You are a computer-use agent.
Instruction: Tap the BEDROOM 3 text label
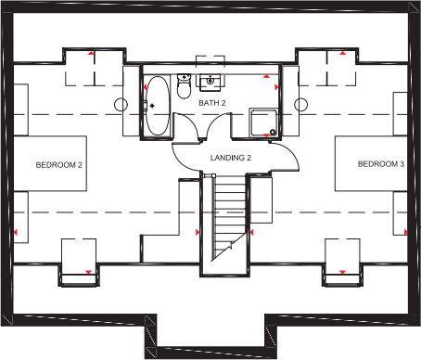click(x=381, y=164)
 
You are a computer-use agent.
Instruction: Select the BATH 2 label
click(x=211, y=101)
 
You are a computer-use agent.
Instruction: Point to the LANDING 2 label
click(x=231, y=159)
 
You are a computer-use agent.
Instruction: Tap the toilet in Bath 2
click(x=184, y=90)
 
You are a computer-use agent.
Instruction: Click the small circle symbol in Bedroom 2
click(x=120, y=103)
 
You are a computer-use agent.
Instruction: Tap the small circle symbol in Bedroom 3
click(x=300, y=103)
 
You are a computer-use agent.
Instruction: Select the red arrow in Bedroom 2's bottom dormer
click(x=86, y=272)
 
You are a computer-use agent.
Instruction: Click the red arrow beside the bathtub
click(x=145, y=86)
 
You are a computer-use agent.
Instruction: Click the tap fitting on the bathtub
click(x=153, y=106)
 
